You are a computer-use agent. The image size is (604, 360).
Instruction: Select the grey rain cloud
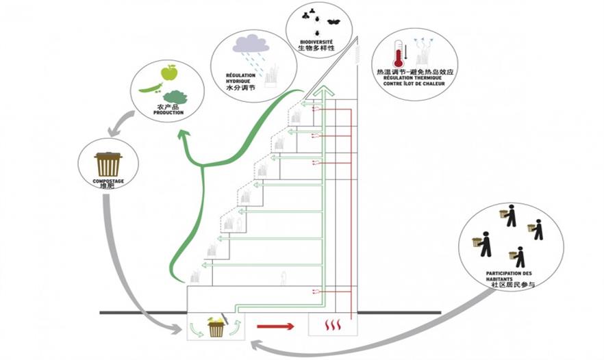click(249, 44)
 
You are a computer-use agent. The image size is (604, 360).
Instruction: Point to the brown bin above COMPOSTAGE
click(109, 164)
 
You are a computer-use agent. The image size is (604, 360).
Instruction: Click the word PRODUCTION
click(168, 112)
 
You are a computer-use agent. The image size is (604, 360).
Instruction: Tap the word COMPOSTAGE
click(108, 181)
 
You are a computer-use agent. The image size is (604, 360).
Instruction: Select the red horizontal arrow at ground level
click(275, 326)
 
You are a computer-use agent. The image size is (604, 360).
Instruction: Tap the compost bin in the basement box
click(216, 326)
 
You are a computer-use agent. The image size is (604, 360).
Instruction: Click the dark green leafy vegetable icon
click(175, 97)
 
